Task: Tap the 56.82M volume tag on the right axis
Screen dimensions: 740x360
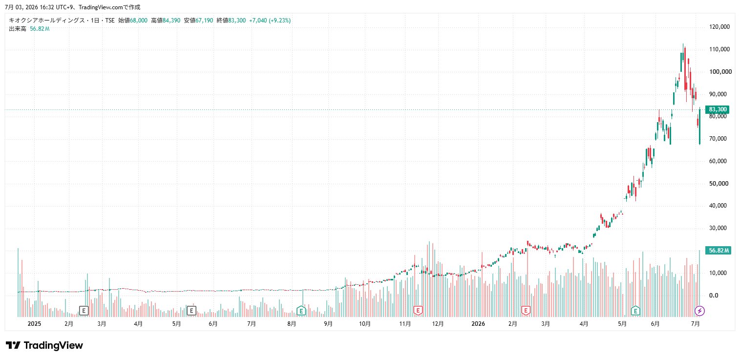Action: pyautogui.click(x=718, y=251)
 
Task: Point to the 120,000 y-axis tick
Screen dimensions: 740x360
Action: pyautogui.click(x=719, y=27)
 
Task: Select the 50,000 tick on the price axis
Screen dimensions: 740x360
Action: pyautogui.click(x=719, y=184)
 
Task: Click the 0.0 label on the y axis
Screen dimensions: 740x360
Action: pyautogui.click(x=714, y=295)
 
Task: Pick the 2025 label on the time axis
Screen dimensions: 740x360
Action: pyautogui.click(x=34, y=324)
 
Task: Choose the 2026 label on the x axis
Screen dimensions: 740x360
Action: pyautogui.click(x=478, y=324)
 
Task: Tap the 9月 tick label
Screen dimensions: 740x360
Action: pyautogui.click(x=328, y=324)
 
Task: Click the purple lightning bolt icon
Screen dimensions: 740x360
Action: pyautogui.click(x=699, y=311)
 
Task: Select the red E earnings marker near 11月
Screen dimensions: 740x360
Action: pyautogui.click(x=418, y=311)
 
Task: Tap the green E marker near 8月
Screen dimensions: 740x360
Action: pyautogui.click(x=301, y=311)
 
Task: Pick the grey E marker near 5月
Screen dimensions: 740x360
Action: pyautogui.click(x=191, y=311)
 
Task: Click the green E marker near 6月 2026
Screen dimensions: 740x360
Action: pyautogui.click(x=635, y=311)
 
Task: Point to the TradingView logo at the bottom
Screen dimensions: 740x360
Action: pyautogui.click(x=44, y=345)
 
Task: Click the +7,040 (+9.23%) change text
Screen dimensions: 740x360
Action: pyautogui.click(x=270, y=21)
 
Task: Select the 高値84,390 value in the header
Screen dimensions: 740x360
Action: pyautogui.click(x=166, y=21)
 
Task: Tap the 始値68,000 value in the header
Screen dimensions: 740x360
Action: pyautogui.click(x=133, y=21)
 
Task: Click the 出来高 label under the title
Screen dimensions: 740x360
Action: pyautogui.click(x=18, y=29)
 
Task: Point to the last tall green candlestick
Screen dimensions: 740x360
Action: pyautogui.click(x=699, y=126)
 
